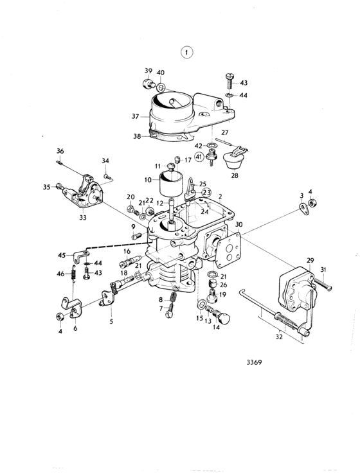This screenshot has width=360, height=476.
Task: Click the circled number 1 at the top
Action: point(187,53)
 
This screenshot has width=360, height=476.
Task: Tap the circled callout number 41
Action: point(199,157)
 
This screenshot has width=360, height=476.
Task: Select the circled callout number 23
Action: point(206,192)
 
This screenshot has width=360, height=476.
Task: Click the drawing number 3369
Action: point(254,362)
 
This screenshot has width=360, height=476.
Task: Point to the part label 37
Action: point(136,116)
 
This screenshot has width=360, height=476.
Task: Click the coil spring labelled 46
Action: point(73,273)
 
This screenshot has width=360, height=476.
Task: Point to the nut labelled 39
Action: point(148,84)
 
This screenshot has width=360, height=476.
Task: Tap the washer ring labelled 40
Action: point(161,88)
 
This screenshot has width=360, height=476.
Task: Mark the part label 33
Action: point(83,217)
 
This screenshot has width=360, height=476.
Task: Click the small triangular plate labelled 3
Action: point(304,209)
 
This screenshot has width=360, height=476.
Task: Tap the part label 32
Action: point(279,337)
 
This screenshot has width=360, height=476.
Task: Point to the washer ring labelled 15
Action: point(201,304)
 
